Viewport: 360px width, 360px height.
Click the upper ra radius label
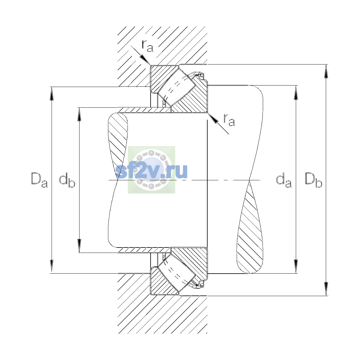tap(148, 46)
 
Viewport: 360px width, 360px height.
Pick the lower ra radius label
tap(229, 120)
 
